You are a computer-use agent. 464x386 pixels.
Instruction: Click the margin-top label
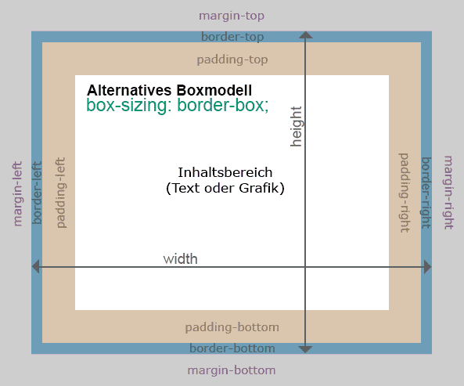232,16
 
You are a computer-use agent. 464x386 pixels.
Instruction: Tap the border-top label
232,37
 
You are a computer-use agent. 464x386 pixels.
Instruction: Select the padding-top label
232,60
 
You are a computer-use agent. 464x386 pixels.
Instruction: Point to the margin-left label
17,194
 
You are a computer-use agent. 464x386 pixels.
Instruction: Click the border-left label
37,193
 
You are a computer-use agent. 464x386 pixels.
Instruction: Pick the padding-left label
61,193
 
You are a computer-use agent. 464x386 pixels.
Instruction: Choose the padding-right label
405,193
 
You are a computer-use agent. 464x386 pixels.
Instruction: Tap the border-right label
426,193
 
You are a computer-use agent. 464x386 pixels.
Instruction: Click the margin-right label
448,193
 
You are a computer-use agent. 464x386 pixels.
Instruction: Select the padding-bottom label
232,327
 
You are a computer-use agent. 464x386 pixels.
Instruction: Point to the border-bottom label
232,348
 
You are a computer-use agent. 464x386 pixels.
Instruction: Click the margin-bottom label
232,370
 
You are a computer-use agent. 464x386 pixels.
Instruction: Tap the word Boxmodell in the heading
214,90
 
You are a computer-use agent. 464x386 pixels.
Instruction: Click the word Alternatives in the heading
129,90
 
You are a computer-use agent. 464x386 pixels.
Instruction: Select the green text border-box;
223,105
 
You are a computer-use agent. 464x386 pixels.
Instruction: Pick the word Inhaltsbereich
225,172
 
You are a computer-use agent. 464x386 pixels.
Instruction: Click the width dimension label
180,259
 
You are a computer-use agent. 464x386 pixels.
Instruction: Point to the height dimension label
296,127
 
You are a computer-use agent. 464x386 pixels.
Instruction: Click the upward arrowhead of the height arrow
306,35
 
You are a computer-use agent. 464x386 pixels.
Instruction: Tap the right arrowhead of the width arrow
428,267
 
